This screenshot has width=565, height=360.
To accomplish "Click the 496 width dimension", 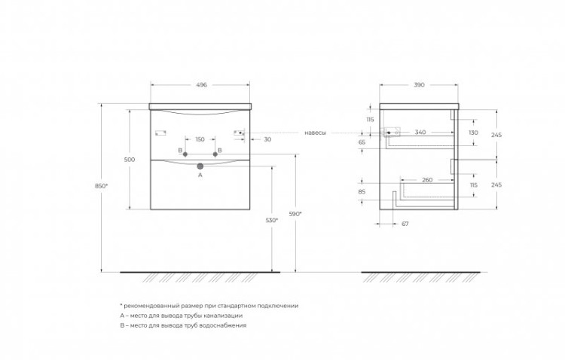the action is [x=201, y=85].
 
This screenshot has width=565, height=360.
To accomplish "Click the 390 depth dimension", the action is [x=419, y=85].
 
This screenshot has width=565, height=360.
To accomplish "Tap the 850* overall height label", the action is [x=101, y=186].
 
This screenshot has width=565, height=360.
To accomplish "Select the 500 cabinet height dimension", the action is [x=130, y=160].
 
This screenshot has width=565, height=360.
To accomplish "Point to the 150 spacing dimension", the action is [x=200, y=139].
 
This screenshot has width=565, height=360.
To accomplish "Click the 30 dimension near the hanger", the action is [x=267, y=139].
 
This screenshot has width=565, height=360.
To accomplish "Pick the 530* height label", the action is [x=272, y=220].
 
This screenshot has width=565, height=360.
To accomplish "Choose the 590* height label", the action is [x=295, y=214].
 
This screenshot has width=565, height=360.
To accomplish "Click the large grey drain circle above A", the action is [x=200, y=166].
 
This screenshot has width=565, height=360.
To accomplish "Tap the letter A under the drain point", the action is [x=200, y=175].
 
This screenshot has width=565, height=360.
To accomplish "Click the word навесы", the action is [x=316, y=133].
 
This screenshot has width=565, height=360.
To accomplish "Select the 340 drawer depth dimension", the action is [x=420, y=133].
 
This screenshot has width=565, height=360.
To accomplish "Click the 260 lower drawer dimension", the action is [x=427, y=180].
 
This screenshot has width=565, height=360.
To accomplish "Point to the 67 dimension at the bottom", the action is [x=405, y=224].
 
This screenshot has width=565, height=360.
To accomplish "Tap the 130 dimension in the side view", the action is [x=474, y=133].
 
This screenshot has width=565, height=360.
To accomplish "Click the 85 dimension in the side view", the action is [x=362, y=192].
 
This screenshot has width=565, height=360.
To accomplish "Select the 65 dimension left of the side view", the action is [x=362, y=142].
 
